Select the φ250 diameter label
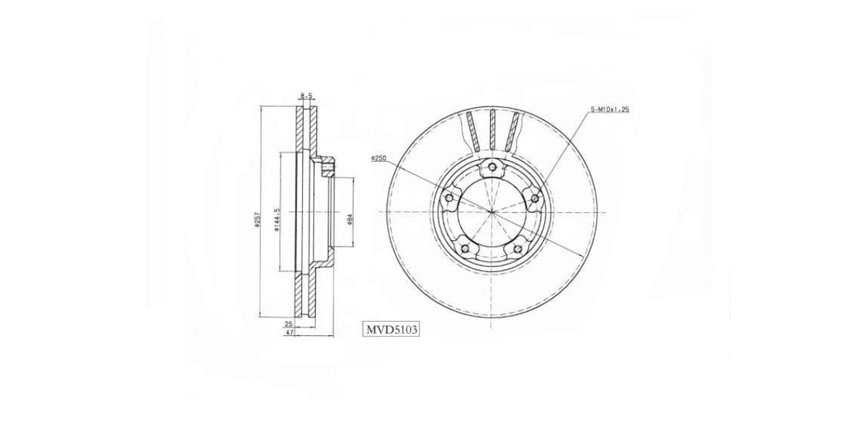click(x=379, y=159)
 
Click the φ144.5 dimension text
click(x=276, y=219)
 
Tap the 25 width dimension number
click(x=289, y=323)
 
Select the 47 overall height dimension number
click(x=289, y=332)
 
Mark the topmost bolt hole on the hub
click(x=492, y=168)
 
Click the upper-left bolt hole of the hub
click(x=449, y=198)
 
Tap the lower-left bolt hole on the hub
click(x=466, y=248)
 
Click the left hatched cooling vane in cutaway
click(x=471, y=132)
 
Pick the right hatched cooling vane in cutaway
click(x=512, y=132)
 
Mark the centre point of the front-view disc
click(x=492, y=213)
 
